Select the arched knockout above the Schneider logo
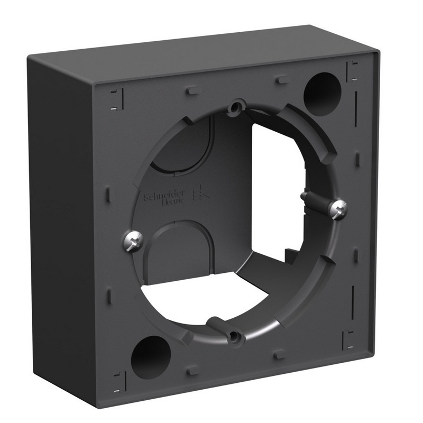185,143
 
